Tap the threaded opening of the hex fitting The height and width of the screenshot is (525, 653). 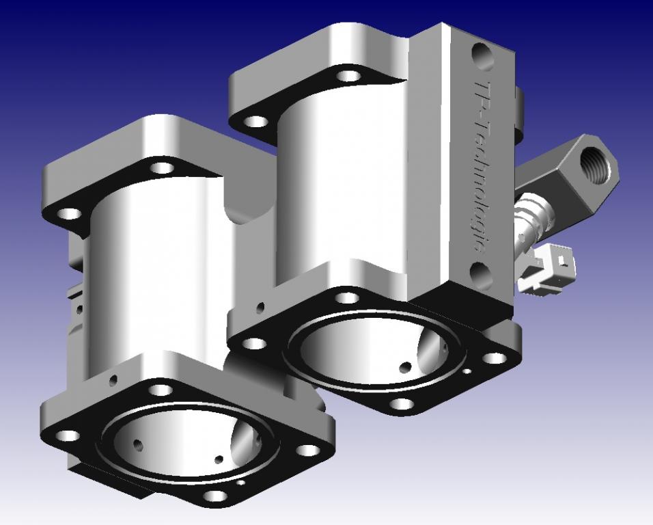click(x=593, y=165)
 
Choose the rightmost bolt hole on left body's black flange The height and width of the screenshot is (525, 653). click(x=308, y=450)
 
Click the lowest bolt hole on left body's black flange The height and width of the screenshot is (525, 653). click(x=216, y=496)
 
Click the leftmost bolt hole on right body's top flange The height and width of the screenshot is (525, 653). click(x=256, y=122)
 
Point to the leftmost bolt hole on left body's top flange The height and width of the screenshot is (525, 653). click(x=69, y=213)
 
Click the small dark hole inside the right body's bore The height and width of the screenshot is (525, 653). click(x=405, y=368)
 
